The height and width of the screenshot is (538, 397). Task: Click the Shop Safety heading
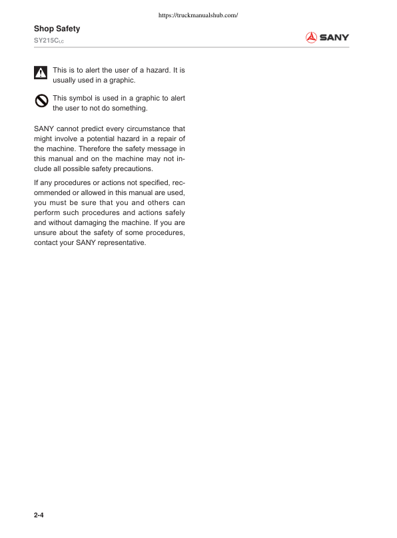point(57,29)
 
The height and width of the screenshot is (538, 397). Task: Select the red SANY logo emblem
point(310,38)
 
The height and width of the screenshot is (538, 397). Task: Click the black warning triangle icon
point(41,72)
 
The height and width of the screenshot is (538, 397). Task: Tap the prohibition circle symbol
point(41,101)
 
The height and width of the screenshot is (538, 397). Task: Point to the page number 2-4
point(39,515)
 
